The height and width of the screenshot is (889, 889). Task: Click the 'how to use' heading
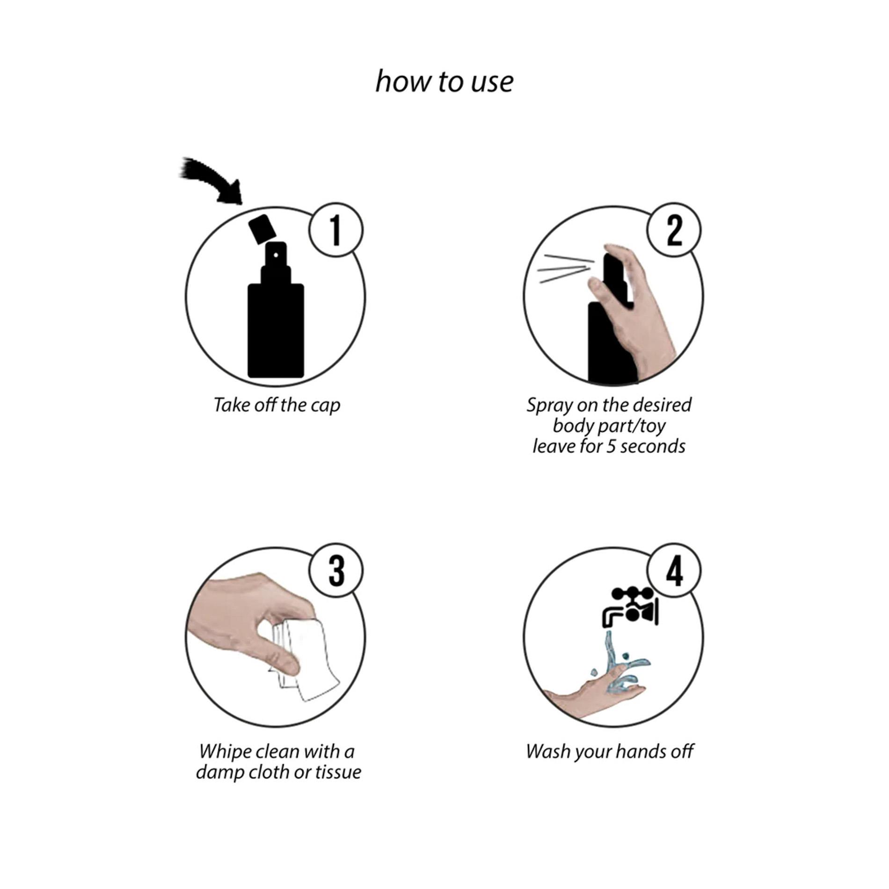click(444, 82)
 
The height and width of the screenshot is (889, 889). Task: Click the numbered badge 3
click(335, 570)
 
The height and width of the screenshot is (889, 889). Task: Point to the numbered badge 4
click(674, 570)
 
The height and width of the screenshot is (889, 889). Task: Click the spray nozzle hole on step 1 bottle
click(276, 255)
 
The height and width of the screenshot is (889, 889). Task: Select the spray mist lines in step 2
click(564, 269)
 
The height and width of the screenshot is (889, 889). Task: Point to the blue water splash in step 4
click(618, 669)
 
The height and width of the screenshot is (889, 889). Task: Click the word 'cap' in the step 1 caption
click(325, 406)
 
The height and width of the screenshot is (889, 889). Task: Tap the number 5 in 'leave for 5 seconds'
click(611, 446)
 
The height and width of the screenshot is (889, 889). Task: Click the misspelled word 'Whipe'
click(226, 752)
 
